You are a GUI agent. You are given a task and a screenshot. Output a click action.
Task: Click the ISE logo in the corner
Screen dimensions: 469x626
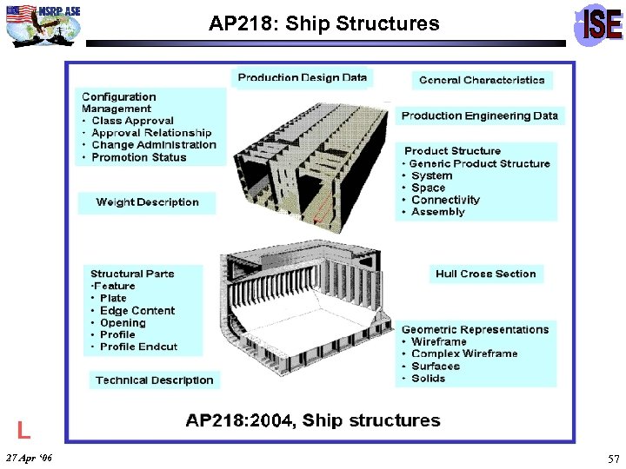599,24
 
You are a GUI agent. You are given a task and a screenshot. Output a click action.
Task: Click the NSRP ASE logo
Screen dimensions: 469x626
44,23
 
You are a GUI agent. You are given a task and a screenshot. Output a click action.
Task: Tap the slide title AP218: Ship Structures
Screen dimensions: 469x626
323,24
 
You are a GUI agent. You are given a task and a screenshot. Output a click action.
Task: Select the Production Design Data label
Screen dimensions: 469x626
303,78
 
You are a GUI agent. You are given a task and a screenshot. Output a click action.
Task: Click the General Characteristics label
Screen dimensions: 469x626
482,80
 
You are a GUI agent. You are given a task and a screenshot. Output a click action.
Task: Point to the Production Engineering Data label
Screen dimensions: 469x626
480,116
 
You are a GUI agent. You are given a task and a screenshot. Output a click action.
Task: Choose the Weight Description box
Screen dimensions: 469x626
147,202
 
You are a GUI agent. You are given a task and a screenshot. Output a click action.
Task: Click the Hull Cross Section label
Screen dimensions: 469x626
485,274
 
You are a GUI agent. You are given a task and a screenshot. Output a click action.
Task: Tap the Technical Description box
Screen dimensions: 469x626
154,380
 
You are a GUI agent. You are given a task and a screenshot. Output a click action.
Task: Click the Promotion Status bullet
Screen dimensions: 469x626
138,157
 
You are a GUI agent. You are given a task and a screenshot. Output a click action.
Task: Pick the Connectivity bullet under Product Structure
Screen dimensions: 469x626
445,200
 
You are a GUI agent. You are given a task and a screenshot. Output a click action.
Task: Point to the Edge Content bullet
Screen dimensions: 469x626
137,310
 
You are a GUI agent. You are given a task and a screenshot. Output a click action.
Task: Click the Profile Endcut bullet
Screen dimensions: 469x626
138,347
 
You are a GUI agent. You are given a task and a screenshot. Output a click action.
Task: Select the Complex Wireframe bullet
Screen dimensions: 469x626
464,353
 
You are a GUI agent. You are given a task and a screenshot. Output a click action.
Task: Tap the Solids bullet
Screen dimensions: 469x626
428,378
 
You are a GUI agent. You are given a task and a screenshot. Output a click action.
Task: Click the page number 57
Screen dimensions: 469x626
614,458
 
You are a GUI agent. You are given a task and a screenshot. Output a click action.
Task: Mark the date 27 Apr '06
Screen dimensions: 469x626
29,458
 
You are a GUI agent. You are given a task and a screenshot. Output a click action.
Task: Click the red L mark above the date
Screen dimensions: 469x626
24,429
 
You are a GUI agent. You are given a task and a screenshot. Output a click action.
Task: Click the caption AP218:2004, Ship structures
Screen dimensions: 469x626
313,420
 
